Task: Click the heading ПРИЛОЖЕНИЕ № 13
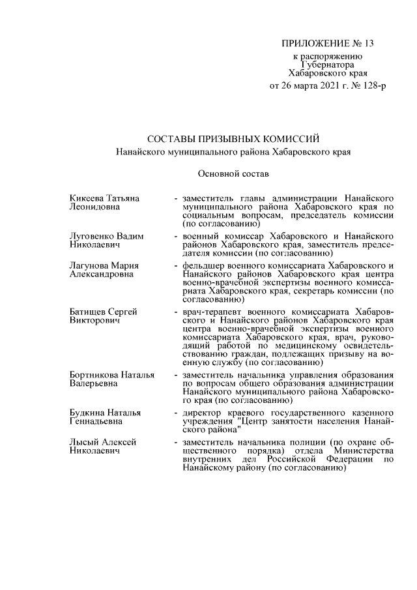point(327,44)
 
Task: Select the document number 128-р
point(370,86)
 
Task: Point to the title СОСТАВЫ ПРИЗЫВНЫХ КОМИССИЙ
point(233,139)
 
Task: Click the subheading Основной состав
point(233,173)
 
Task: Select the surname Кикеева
point(86,198)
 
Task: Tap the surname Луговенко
point(91,235)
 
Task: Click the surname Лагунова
point(89,266)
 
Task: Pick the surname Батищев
point(87,312)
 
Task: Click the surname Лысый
point(83,442)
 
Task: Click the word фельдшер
point(205,266)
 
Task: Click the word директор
point(205,413)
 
